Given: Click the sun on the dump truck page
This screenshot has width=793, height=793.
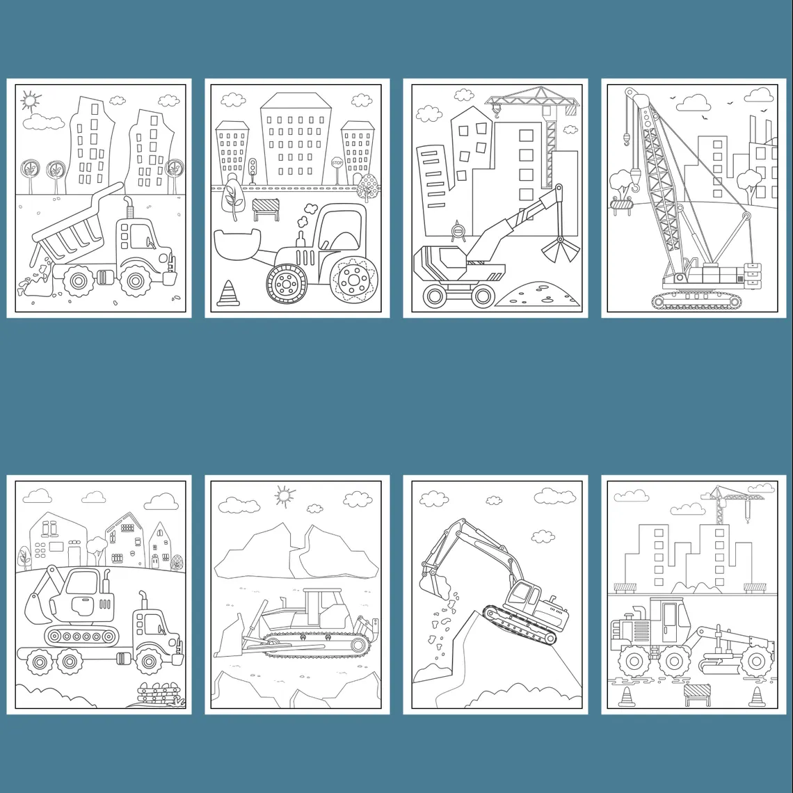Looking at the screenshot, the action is [x=30, y=101].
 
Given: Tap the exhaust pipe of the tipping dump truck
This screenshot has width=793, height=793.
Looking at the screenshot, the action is [x=129, y=208].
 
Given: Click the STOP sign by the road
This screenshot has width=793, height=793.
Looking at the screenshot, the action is [x=337, y=163].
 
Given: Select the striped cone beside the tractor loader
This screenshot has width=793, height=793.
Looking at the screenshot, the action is [x=227, y=294].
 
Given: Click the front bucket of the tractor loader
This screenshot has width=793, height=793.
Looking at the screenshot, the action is [x=238, y=243].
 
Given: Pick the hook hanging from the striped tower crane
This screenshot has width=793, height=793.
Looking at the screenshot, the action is [x=496, y=118].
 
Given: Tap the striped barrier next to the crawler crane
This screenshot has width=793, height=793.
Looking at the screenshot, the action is [x=622, y=205].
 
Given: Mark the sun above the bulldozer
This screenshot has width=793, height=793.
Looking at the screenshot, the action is [x=285, y=497].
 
